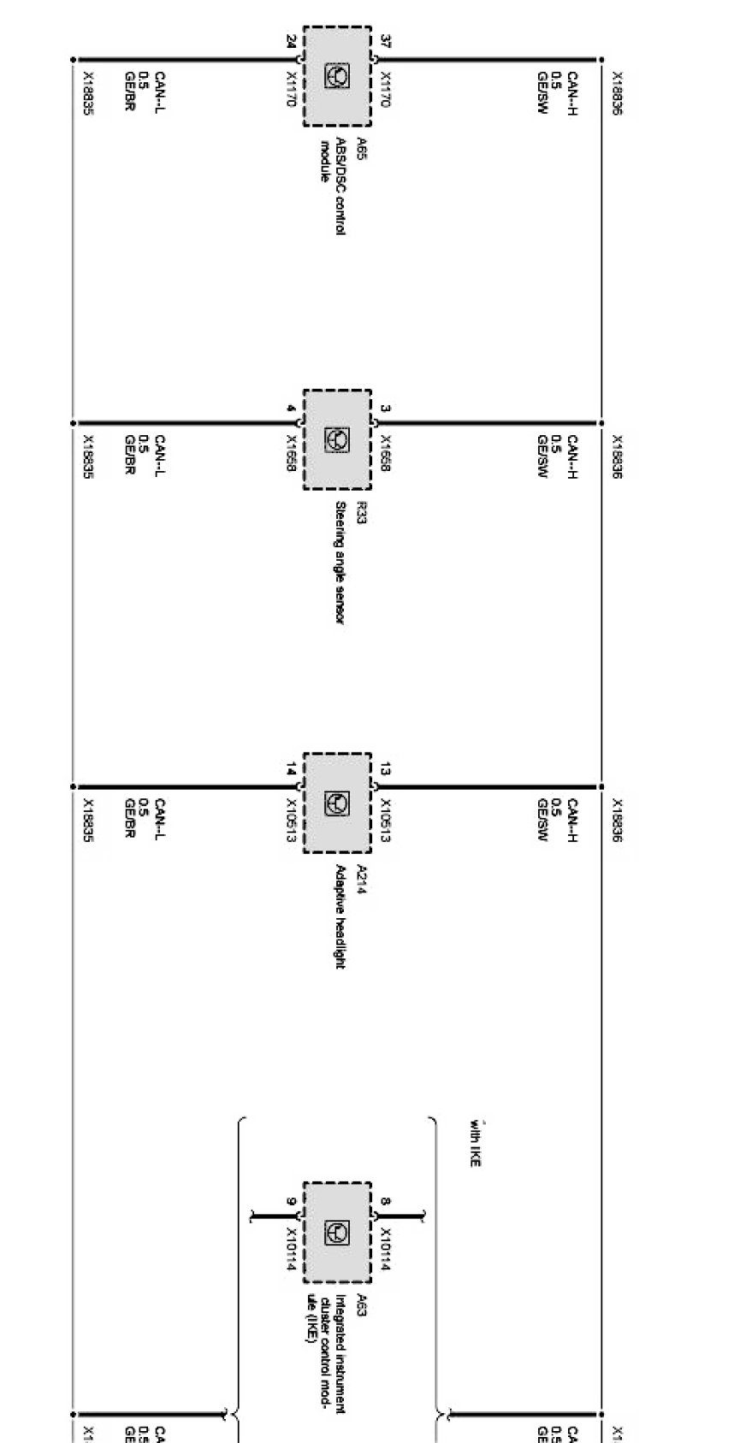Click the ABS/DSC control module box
[337, 76]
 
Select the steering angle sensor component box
[337, 439]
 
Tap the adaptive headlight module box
[337, 803]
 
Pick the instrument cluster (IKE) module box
[337, 1232]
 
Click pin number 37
[386, 41]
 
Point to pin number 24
[291, 41]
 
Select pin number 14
[291, 770]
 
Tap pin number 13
[386, 770]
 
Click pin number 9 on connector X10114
[291, 1201]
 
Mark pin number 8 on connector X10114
[386, 1201]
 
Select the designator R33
[362, 511]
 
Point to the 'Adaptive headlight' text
[340, 916]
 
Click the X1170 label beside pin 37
[385, 88]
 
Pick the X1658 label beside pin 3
[385, 452]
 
